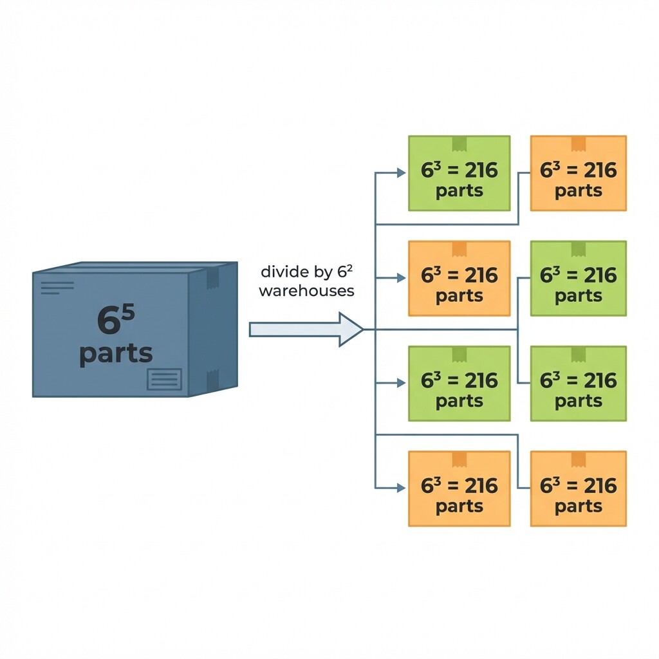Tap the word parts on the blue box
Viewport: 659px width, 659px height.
pyautogui.click(x=116, y=354)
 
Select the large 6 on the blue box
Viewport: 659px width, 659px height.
pyautogui.click(x=109, y=320)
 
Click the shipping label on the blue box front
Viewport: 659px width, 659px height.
pyautogui.click(x=164, y=379)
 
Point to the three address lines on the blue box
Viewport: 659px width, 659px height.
pyautogui.click(x=57, y=288)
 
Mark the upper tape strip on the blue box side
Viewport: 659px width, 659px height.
pyautogui.click(x=212, y=278)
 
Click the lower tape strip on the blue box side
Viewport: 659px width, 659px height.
pyautogui.click(x=212, y=380)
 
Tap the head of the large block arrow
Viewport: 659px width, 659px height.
pyautogui.click(x=351, y=329)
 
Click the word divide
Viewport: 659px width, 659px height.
pyautogui.click(x=285, y=272)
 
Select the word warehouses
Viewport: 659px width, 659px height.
pyautogui.click(x=306, y=291)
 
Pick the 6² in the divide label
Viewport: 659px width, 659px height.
pyautogui.click(x=345, y=271)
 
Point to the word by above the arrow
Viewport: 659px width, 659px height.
pyautogui.click(x=324, y=273)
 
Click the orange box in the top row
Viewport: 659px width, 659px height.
pyautogui.click(x=579, y=173)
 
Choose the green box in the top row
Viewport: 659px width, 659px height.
pyautogui.click(x=459, y=173)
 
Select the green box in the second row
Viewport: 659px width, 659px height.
pyautogui.click(x=579, y=278)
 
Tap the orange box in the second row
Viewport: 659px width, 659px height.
pyautogui.click(x=459, y=278)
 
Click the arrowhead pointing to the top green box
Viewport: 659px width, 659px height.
pyautogui.click(x=402, y=172)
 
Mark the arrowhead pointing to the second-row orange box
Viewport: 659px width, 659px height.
pyautogui.click(x=402, y=278)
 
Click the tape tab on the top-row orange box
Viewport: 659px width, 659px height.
pyautogui.click(x=579, y=144)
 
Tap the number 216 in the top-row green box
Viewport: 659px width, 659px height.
pyautogui.click(x=481, y=170)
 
